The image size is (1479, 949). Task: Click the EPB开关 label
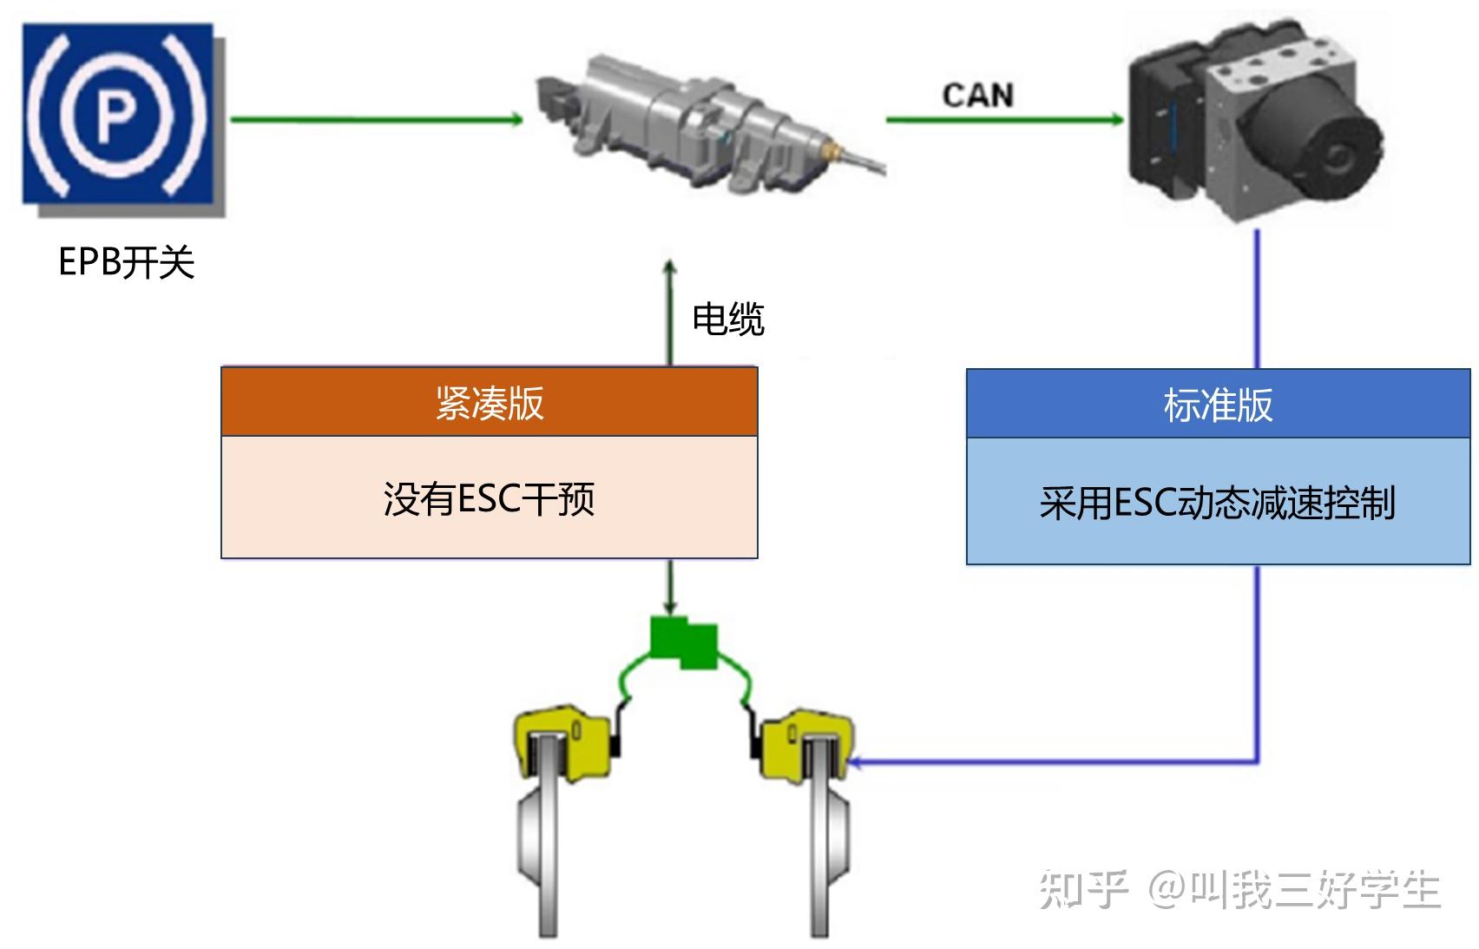[127, 262]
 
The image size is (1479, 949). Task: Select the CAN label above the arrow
[978, 96]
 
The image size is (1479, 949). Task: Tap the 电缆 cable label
[727, 320]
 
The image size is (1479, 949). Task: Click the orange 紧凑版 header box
[490, 402]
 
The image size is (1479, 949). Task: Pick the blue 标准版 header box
[1218, 405]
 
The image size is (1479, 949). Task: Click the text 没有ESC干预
[490, 498]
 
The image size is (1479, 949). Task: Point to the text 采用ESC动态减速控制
[1218, 503]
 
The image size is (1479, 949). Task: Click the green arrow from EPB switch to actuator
[373, 120]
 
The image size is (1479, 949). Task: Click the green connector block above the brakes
[685, 643]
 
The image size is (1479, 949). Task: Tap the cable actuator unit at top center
[694, 126]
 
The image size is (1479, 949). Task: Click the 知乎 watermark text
[1083, 889]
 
